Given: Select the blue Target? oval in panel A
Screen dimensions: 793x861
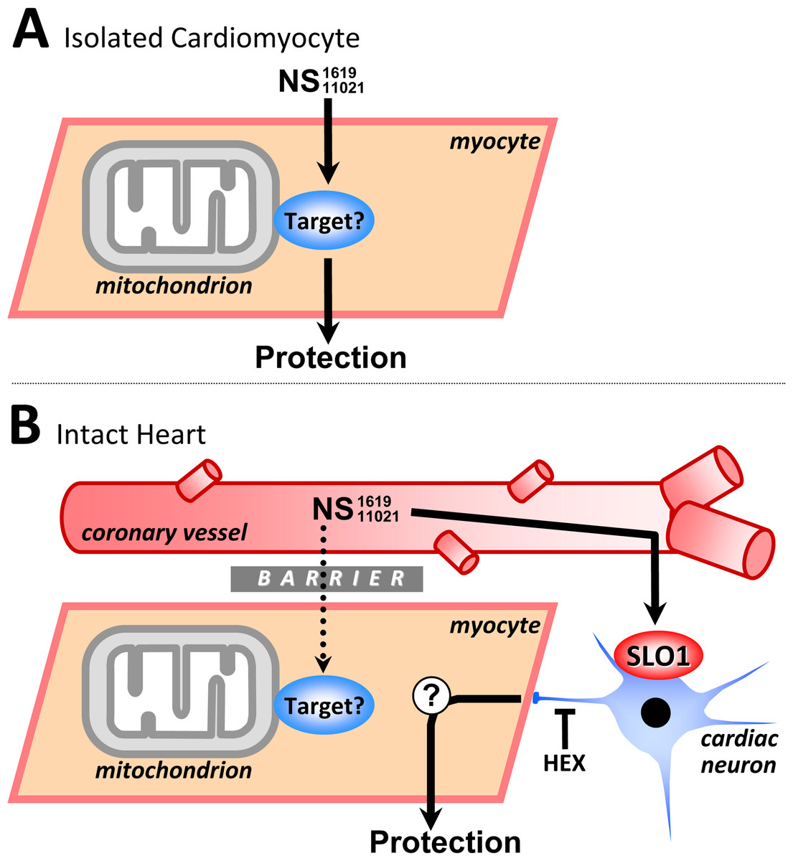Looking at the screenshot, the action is [324, 220].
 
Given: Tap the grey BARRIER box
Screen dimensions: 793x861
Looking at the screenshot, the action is [327, 578].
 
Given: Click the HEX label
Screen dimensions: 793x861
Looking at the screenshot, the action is [564, 763].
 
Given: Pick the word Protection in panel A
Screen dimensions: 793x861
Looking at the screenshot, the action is [331, 357].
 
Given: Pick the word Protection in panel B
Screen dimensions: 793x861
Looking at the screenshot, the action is [445, 842].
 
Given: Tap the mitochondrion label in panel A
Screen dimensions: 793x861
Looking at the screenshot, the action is [174, 286].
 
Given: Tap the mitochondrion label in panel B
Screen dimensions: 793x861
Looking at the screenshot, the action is [174, 771].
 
